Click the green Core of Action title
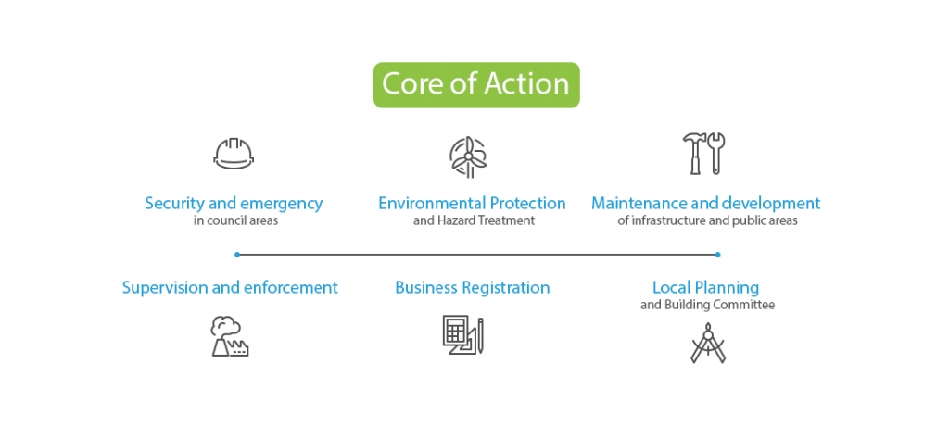pos(475,84)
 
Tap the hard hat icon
pos(233,154)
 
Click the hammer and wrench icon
pos(704,154)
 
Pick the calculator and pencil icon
pos(462,335)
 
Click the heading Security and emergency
pos(234,203)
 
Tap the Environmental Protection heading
pos(472,203)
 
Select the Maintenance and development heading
pos(706,203)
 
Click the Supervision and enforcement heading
pos(230,287)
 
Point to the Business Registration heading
pos(472,287)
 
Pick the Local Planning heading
pos(705,287)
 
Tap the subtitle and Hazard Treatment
pos(472,221)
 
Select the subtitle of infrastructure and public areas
pos(707,221)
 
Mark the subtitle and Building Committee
pos(707,305)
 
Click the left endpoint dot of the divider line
pos(237,254)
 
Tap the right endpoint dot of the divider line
pos(718,254)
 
